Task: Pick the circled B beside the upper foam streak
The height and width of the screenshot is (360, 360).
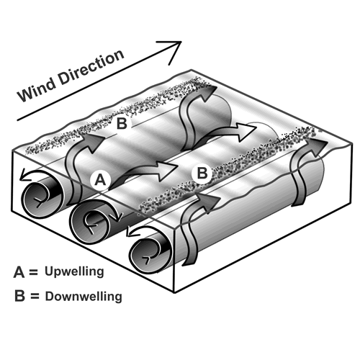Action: pyautogui.click(x=122, y=124)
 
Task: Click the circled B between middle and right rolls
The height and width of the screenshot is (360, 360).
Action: pyautogui.click(x=203, y=174)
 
